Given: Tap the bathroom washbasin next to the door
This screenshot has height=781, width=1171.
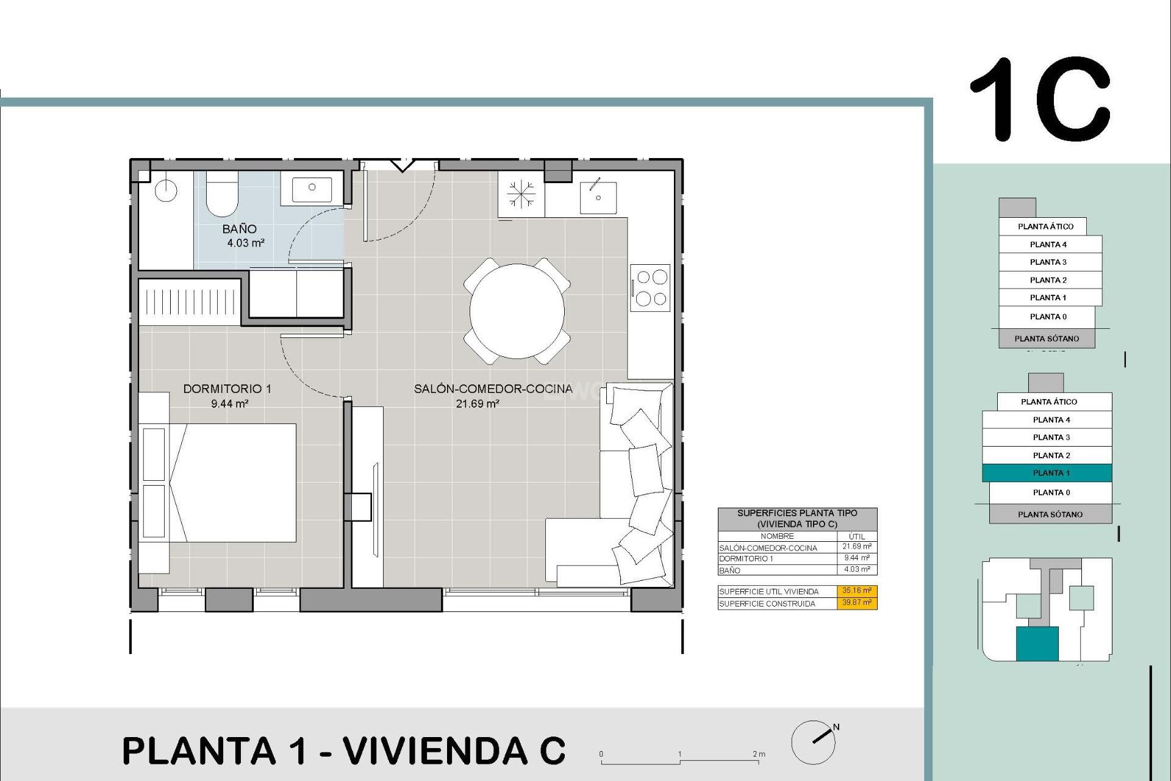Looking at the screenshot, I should [x=312, y=189].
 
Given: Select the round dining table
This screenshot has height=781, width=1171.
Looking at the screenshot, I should [x=517, y=311].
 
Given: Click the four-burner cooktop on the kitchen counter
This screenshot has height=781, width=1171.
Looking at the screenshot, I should [x=651, y=287].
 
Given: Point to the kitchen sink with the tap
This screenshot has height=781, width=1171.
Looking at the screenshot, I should [x=598, y=196].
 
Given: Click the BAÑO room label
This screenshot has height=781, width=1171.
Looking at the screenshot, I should [x=239, y=229].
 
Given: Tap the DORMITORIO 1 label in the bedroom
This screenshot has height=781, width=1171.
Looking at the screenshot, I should [x=227, y=389].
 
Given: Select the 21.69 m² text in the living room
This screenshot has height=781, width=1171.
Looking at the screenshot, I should [x=478, y=403].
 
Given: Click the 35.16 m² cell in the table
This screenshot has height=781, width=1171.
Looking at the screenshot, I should [x=856, y=591].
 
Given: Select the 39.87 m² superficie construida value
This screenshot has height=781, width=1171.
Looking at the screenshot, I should [x=856, y=603].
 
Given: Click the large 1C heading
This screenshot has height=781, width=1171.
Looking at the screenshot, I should [x=1040, y=99].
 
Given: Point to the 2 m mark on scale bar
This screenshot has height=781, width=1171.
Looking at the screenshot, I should [x=759, y=755].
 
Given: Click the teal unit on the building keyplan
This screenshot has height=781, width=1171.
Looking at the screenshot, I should [x=1037, y=644].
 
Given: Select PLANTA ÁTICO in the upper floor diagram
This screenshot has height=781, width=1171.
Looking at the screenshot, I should [x=1045, y=226].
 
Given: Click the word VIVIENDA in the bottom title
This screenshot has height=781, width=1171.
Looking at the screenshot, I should [x=434, y=750].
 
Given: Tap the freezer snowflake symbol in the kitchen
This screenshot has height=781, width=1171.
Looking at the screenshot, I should [x=521, y=195].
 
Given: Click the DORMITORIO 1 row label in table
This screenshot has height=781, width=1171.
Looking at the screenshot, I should [x=746, y=559].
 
